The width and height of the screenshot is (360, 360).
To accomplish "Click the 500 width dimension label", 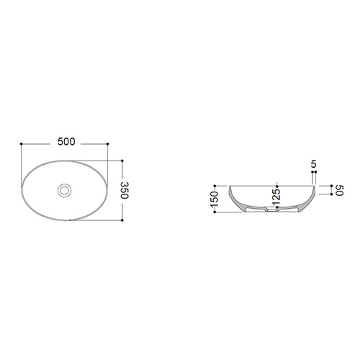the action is (66, 142).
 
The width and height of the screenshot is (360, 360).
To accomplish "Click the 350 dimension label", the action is (125, 190).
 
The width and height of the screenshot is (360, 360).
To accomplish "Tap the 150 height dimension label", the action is (215, 199).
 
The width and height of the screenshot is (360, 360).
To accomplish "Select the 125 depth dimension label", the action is (276, 197).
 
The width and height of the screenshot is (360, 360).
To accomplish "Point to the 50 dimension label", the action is (340, 190).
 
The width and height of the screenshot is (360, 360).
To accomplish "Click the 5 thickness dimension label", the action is (314, 164).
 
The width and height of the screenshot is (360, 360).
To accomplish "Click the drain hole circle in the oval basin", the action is (64, 191).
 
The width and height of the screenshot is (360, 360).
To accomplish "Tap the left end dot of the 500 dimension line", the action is (22, 144).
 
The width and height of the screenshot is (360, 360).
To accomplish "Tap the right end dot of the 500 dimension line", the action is (107, 144).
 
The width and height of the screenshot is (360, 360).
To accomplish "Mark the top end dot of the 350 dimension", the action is (122, 161).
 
